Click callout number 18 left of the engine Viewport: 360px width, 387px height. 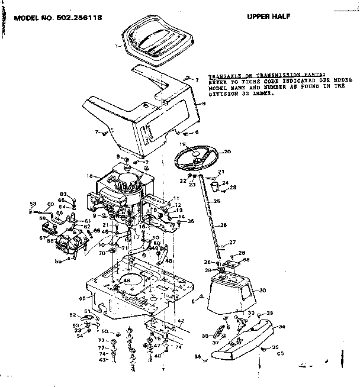tap(89, 176)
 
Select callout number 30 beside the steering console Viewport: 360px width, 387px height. tap(263, 290)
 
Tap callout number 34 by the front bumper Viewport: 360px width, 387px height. tap(281, 326)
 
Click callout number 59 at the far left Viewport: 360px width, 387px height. tap(33, 204)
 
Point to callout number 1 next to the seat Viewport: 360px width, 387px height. tap(118, 45)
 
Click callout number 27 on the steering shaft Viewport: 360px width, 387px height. tap(233, 242)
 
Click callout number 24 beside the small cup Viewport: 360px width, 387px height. tap(225, 183)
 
